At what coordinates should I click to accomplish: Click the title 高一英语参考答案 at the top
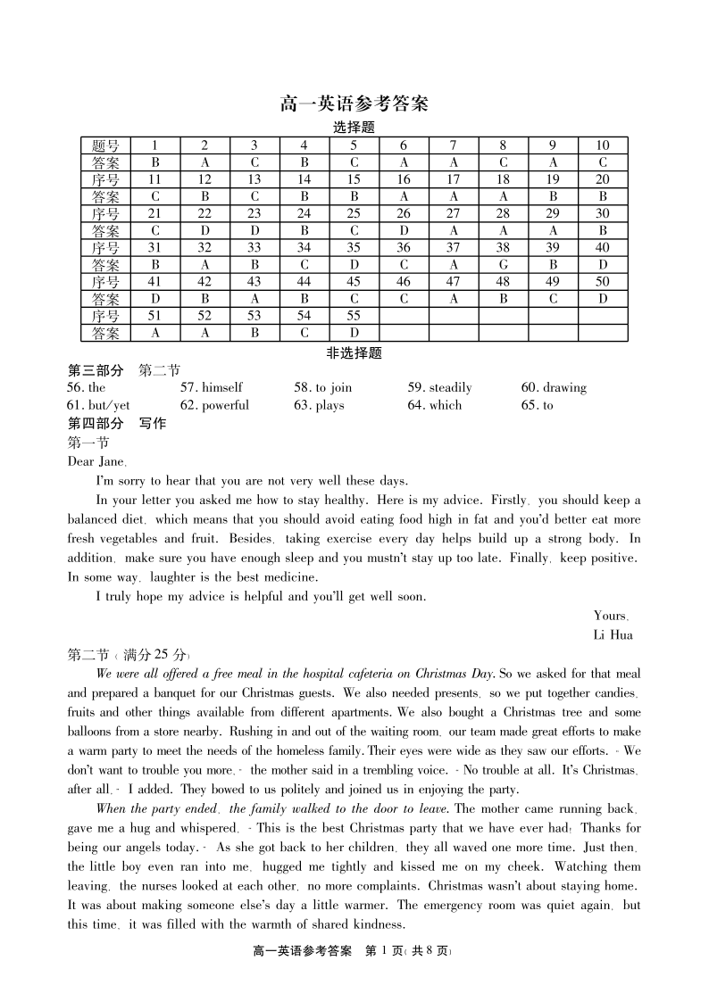click(x=354, y=104)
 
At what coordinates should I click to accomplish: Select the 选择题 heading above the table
click(x=354, y=128)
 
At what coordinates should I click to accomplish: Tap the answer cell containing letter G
click(x=503, y=265)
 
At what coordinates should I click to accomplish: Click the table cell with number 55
click(x=354, y=316)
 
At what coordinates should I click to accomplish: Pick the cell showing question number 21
click(x=154, y=213)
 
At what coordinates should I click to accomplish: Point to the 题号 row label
click(x=105, y=145)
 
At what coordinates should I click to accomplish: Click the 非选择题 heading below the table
click(x=354, y=353)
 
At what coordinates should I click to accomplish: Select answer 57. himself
click(x=211, y=388)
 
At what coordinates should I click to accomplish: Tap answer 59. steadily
click(x=439, y=388)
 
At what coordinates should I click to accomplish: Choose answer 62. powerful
click(x=214, y=405)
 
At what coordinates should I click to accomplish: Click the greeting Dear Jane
click(x=97, y=461)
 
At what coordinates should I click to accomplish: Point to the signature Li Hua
click(x=613, y=635)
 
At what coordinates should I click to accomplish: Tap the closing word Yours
click(x=611, y=616)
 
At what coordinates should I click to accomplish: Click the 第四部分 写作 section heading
click(x=117, y=424)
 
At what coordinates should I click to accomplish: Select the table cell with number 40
click(x=603, y=248)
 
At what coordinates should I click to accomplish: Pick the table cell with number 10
click(x=603, y=145)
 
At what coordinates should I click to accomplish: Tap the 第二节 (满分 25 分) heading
click(x=129, y=655)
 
